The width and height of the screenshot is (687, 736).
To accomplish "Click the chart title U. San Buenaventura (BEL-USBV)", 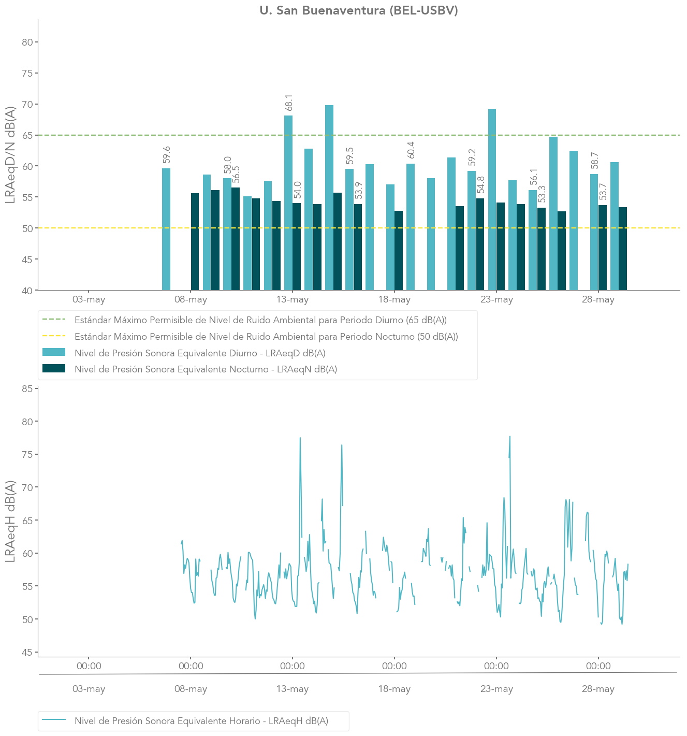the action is [x=358, y=10].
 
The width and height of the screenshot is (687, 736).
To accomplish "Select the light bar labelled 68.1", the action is [x=288, y=203].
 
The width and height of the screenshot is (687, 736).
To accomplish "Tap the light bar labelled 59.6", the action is [x=166, y=229].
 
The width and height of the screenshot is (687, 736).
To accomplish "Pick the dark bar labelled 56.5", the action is [x=236, y=239].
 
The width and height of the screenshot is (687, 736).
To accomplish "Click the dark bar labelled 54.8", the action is [x=480, y=244].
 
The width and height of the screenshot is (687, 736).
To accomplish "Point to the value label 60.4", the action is [x=411, y=150].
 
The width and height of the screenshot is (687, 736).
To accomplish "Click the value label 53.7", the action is [x=603, y=192].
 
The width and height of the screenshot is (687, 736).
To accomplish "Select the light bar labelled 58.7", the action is [x=594, y=232].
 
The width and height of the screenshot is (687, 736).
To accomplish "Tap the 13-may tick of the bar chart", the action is [x=293, y=299].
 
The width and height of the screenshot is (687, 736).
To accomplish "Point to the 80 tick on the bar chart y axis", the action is [x=27, y=42].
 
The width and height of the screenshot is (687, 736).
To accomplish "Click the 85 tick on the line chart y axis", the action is [x=27, y=389].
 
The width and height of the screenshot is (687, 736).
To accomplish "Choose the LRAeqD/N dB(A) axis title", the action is [x=10, y=155].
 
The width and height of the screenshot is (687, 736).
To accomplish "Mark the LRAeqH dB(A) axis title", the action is [x=10, y=522].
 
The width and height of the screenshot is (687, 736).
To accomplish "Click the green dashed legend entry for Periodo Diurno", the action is [x=244, y=320].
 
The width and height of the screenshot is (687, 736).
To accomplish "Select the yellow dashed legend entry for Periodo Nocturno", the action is [x=250, y=337].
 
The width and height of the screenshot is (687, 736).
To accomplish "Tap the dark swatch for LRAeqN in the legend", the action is [x=54, y=368].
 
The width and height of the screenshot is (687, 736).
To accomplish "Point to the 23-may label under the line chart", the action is [x=496, y=688].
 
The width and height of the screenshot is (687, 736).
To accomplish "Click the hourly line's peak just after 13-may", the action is [x=300, y=438].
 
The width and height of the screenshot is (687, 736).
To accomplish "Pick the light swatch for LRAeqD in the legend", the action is [x=54, y=352].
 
